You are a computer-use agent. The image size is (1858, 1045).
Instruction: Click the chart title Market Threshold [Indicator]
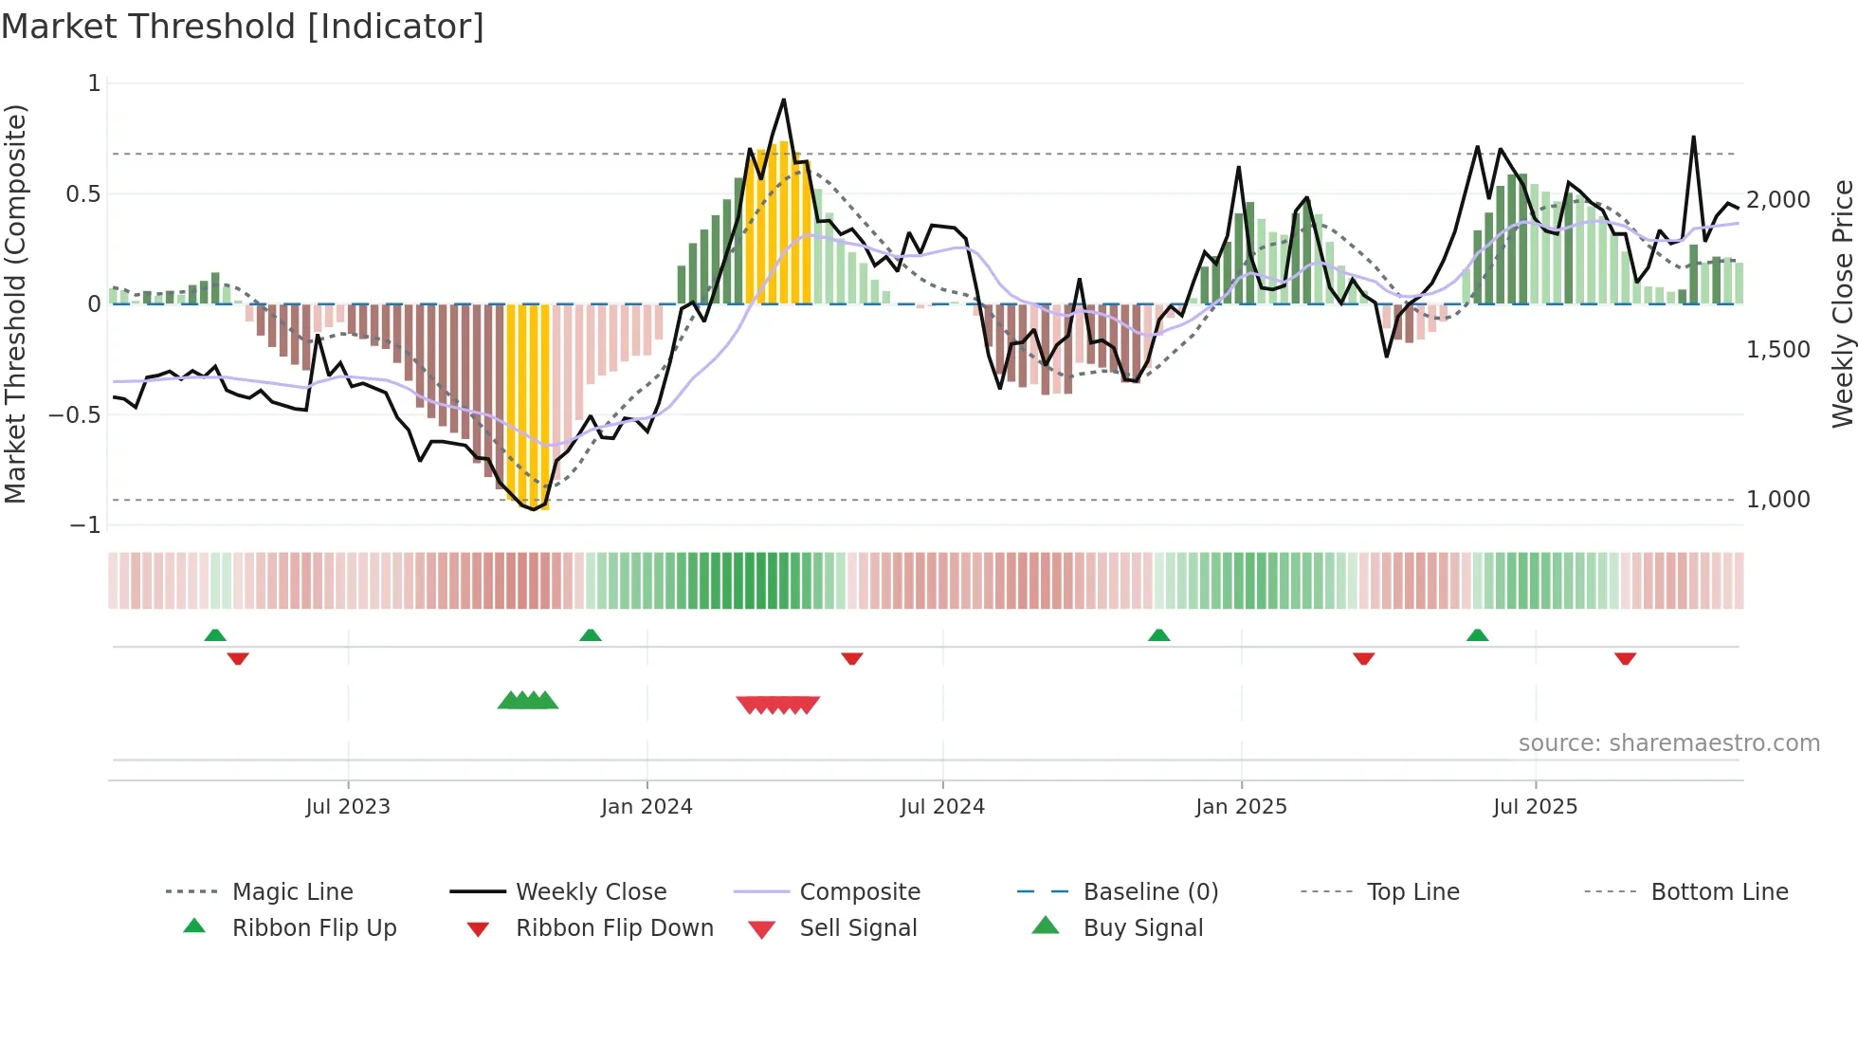pos(243,27)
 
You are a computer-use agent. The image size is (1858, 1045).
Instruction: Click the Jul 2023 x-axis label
pos(348,806)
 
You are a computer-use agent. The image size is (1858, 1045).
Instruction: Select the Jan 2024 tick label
pos(647,806)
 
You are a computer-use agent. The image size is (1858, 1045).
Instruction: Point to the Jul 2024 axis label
pos(942,806)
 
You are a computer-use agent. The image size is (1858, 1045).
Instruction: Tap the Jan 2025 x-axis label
pos(1241,806)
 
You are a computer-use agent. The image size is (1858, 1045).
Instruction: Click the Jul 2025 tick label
pos(1535,806)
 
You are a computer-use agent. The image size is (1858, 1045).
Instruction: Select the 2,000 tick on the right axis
pos(1778,200)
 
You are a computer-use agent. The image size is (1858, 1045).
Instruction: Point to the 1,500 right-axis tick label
pos(1778,350)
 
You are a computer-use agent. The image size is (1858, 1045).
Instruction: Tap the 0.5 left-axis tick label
pos(82,194)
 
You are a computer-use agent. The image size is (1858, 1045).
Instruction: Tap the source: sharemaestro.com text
pos(1668,742)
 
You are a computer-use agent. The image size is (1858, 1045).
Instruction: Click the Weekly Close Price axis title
pos(1842,303)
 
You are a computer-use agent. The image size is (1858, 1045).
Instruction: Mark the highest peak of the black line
pos(784,100)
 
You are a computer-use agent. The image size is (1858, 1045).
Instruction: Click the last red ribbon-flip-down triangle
pos(1626,658)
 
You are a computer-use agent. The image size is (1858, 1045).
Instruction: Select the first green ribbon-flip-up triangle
pos(215,635)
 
